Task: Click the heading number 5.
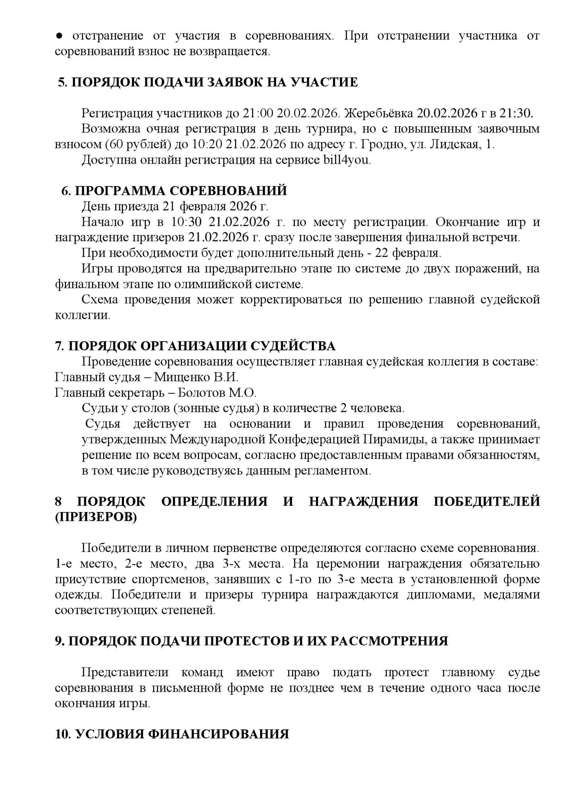pos(62,82)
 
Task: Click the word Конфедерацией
pos(302,440)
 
